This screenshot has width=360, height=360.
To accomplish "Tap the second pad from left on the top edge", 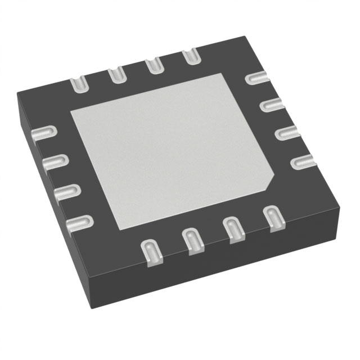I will pos(116,74).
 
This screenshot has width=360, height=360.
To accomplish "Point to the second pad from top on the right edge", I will pos(272,105).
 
